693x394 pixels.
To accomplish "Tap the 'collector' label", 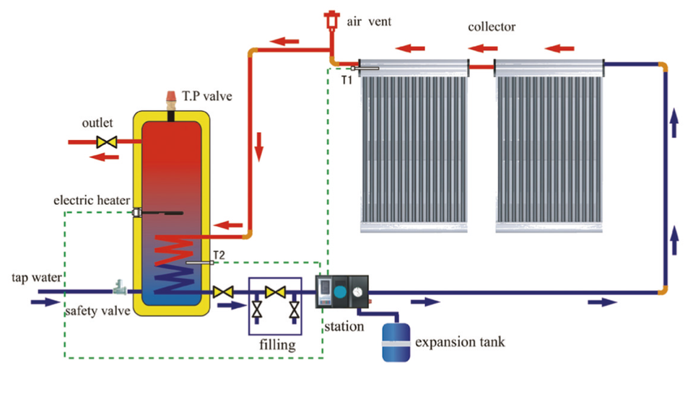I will point(492,27).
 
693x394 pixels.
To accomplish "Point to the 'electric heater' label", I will point(92,200).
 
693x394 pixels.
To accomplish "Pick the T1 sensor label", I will point(346,79).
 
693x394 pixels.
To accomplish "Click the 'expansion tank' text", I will point(460,341).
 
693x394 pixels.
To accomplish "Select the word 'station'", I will point(344,326).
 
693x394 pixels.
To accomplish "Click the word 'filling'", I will point(277,345).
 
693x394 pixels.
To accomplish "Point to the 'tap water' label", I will point(36,277).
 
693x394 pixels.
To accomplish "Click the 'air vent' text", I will point(369,21).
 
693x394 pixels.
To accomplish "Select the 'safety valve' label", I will point(97,312).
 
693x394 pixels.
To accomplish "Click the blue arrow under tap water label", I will point(43,302).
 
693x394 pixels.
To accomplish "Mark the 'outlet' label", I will point(96,123).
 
